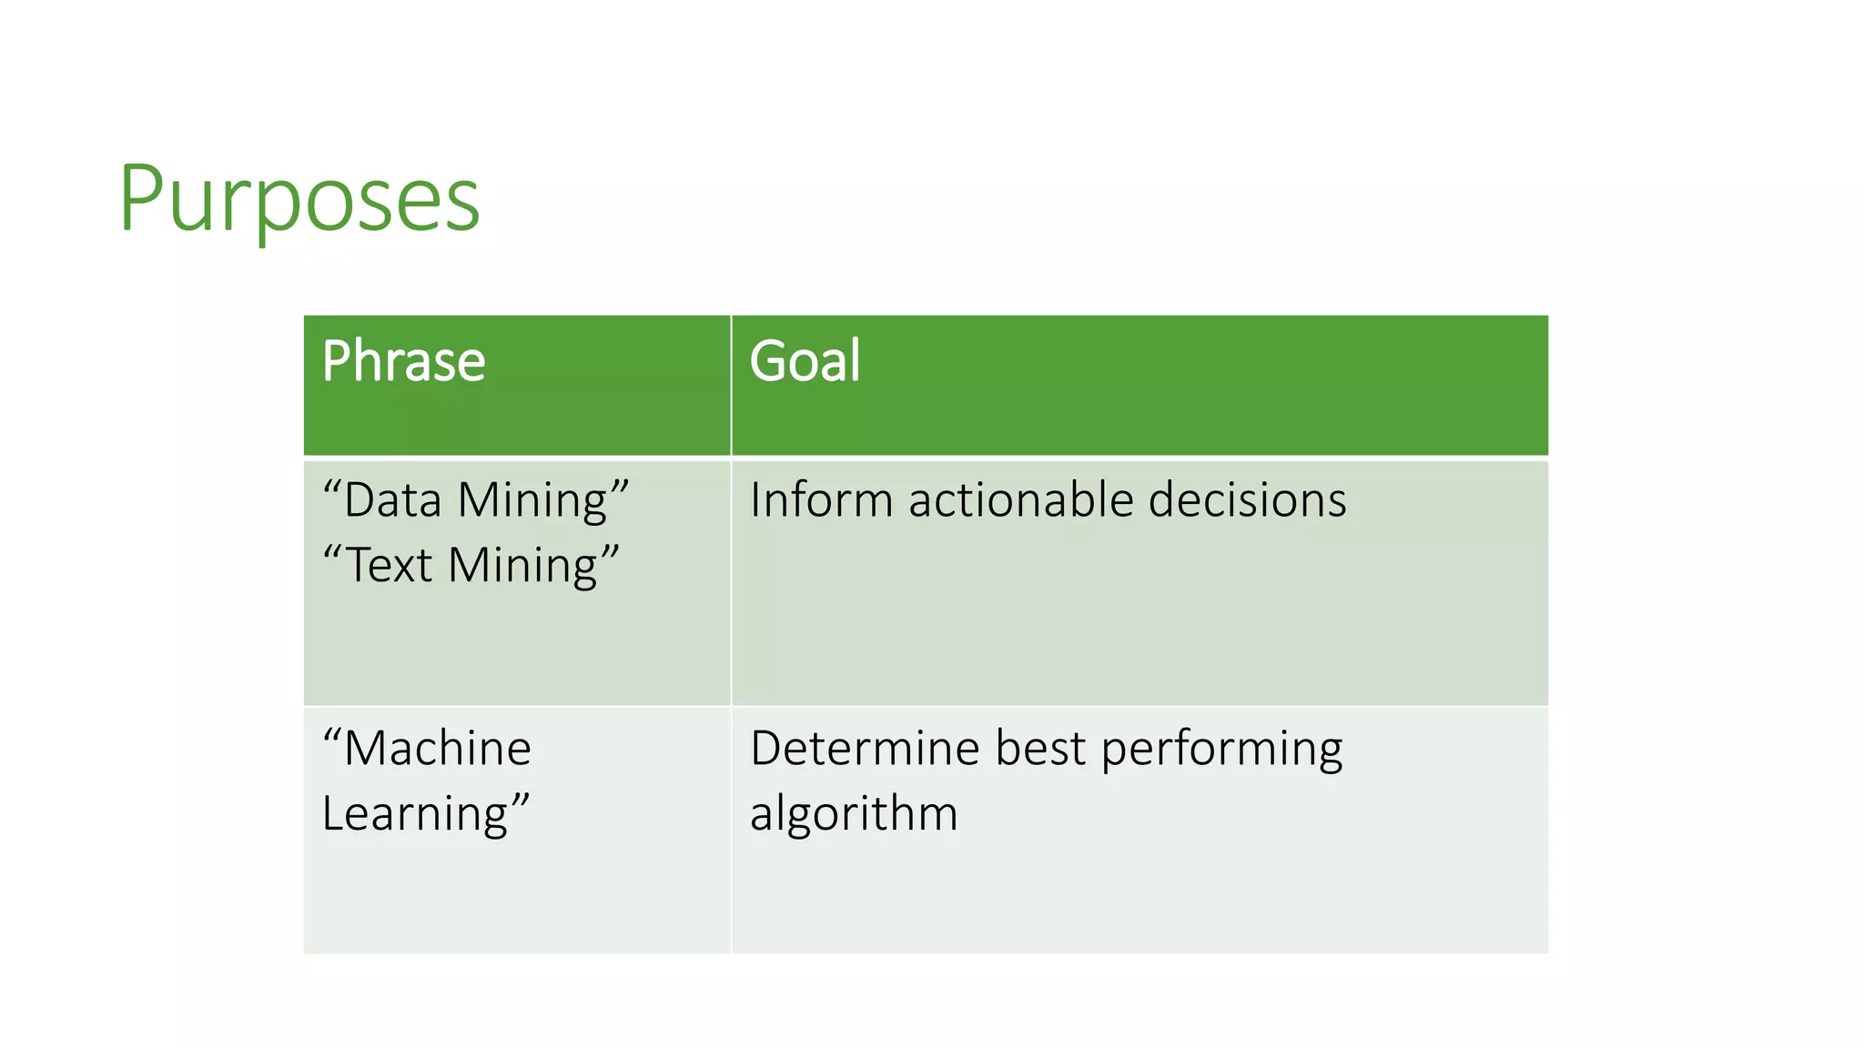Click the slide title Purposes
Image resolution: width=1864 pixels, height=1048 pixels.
299,198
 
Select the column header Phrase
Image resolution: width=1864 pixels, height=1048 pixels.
403,361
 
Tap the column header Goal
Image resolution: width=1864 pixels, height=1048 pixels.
805,361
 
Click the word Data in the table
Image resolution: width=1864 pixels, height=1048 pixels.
392,500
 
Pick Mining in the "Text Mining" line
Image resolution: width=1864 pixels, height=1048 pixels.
523,567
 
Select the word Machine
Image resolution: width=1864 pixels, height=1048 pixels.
438,749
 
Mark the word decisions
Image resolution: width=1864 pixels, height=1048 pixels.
1247,500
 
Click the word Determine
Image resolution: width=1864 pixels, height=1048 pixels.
866,749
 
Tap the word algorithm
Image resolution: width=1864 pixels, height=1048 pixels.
854,813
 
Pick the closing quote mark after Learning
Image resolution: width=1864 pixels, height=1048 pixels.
520,800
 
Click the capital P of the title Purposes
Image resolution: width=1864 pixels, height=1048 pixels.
141,198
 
